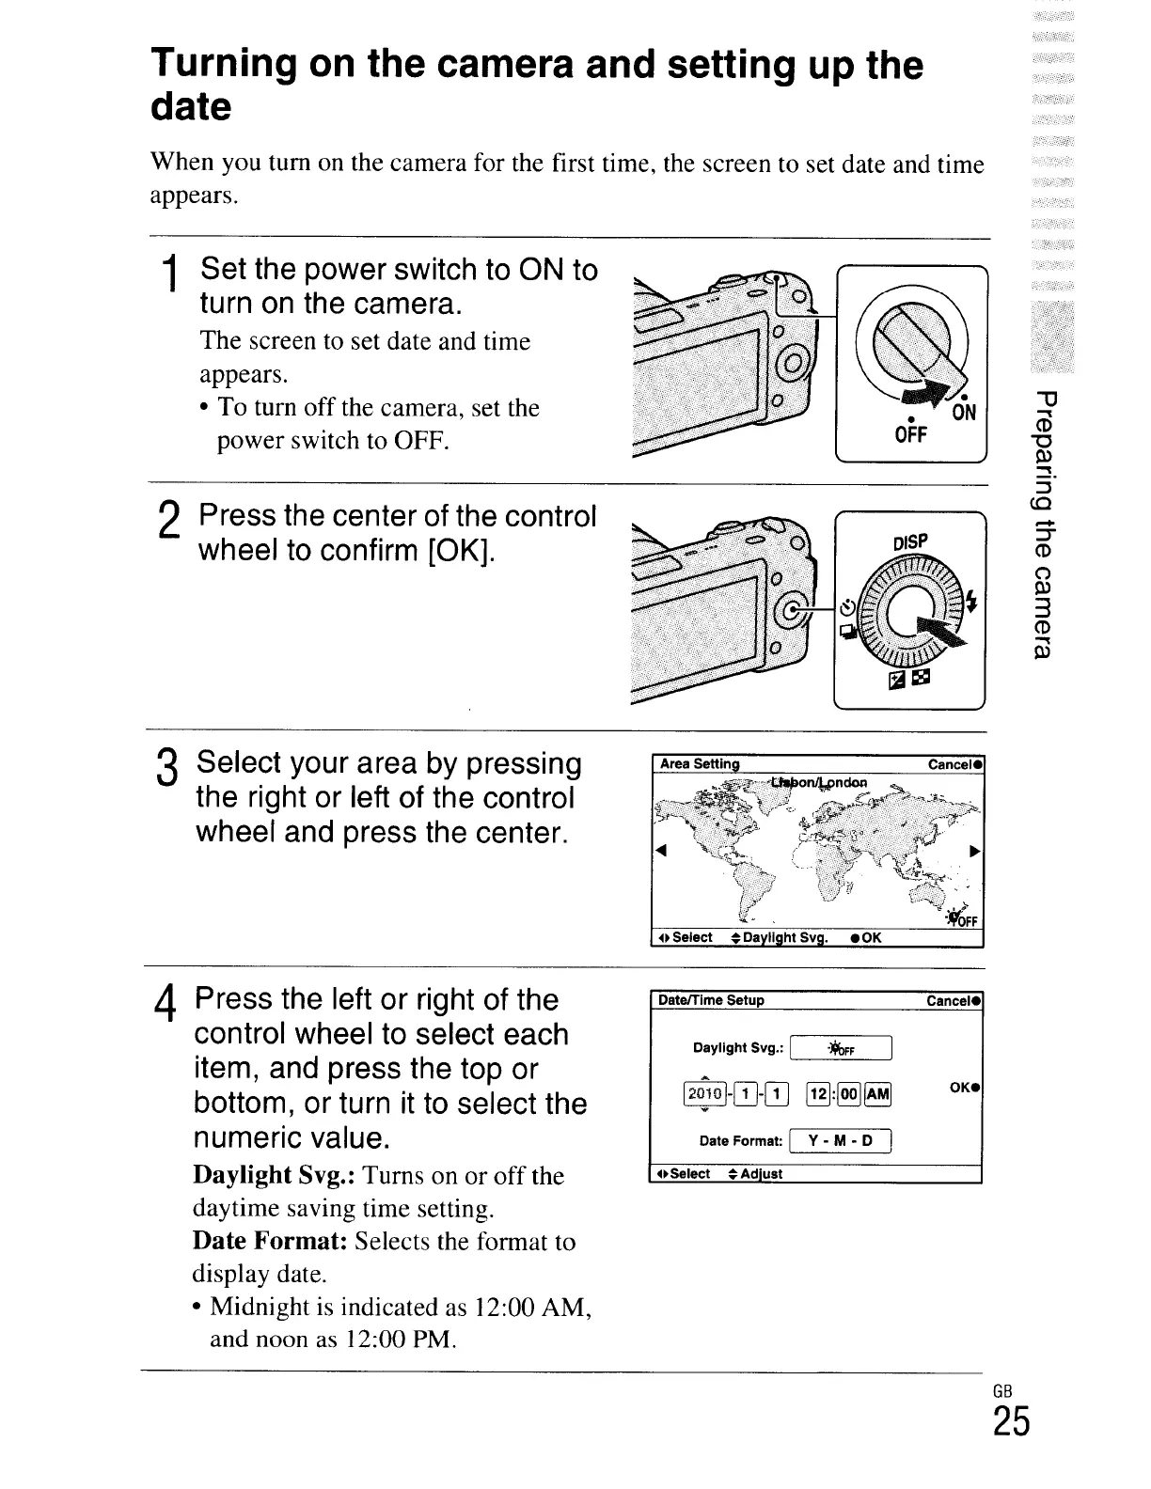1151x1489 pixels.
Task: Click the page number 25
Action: click(1011, 1423)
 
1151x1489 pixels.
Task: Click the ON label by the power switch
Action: click(964, 411)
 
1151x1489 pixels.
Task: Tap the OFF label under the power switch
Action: click(909, 434)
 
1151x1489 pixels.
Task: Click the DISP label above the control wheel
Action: click(909, 541)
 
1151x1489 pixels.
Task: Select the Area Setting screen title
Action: click(700, 764)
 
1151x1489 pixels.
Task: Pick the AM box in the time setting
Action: click(876, 1091)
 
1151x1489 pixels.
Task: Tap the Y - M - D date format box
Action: click(841, 1141)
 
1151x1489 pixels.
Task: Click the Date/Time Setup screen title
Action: click(711, 1000)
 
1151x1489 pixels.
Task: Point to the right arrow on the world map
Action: click(975, 852)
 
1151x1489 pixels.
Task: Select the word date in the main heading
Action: click(191, 107)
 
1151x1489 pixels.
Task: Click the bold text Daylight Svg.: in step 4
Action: click(274, 1176)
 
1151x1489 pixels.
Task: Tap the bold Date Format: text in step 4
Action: click(271, 1242)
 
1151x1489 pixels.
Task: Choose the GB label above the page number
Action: click(1002, 1392)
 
